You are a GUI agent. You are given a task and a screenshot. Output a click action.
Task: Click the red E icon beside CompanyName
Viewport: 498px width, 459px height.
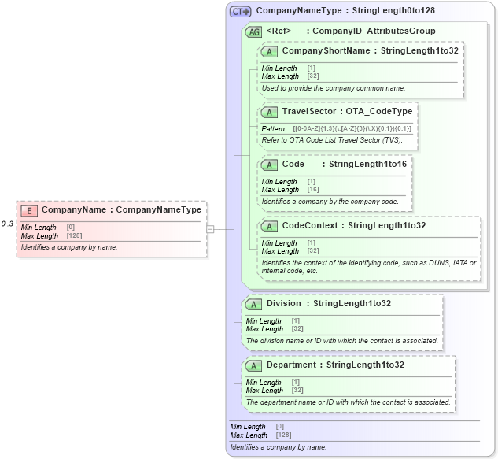tap(29, 210)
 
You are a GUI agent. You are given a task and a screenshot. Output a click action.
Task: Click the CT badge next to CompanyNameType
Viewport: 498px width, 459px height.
tap(240, 11)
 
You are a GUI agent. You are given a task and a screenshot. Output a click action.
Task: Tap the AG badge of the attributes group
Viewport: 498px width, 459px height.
tap(254, 31)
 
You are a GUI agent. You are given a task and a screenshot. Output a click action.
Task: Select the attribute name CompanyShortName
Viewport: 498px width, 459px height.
tap(326, 51)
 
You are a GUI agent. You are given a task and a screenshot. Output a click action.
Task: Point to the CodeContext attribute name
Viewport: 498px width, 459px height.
tap(311, 225)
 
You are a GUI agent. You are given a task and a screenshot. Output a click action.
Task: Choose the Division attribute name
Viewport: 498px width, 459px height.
tap(283, 303)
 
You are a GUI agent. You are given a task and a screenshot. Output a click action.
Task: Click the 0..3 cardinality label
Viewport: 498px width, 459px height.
tap(7, 224)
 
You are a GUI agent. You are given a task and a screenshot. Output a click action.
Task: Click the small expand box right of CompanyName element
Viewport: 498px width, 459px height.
tap(210, 229)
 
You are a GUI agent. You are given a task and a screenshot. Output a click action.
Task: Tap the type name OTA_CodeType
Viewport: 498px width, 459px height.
tap(379, 112)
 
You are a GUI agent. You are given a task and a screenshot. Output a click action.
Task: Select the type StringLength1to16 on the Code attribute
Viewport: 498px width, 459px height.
tap(367, 165)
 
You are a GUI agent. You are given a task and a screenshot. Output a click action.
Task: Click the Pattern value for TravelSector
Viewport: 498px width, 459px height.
tap(352, 129)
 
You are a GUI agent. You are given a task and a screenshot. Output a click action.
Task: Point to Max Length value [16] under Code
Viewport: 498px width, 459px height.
tap(313, 190)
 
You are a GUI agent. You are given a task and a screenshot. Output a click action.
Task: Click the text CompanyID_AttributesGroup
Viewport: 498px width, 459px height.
tap(374, 31)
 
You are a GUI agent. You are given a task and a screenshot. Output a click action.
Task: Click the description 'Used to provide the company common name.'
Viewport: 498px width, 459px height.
tap(334, 88)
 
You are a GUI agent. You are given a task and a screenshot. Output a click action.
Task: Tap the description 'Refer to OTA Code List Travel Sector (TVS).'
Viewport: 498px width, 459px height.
tap(332, 140)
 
